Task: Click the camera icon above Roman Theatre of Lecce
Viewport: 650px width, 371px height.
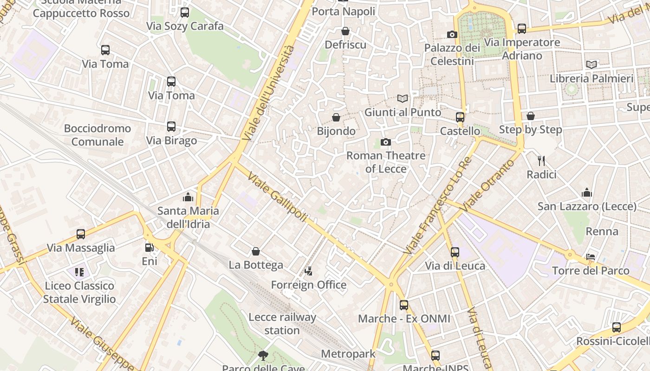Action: (x=385, y=142)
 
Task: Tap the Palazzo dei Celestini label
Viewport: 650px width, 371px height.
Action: (x=452, y=54)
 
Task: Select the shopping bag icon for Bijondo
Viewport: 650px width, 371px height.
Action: (x=336, y=117)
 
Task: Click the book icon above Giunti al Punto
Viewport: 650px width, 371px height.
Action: (x=403, y=98)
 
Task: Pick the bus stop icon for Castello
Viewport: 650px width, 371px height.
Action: (x=460, y=117)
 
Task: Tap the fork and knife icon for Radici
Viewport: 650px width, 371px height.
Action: (x=541, y=161)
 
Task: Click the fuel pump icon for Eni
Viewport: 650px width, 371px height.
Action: (x=149, y=248)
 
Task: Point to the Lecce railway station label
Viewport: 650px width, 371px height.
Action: (x=282, y=324)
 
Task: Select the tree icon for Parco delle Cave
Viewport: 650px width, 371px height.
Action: (x=263, y=356)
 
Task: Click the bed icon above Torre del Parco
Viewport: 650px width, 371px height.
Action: (x=591, y=256)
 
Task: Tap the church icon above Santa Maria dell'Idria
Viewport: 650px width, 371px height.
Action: (x=188, y=197)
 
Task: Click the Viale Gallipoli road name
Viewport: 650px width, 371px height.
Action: (x=278, y=197)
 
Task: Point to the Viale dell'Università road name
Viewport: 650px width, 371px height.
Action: (x=268, y=93)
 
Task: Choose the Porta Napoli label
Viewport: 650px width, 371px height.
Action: (x=344, y=11)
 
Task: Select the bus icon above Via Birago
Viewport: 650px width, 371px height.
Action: (x=171, y=127)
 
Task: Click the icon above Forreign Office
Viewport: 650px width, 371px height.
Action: (x=308, y=271)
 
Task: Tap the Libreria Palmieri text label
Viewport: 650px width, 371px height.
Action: (x=591, y=78)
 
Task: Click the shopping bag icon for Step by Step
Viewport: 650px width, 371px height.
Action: (x=530, y=116)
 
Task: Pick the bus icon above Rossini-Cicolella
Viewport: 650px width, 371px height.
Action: (x=616, y=327)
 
